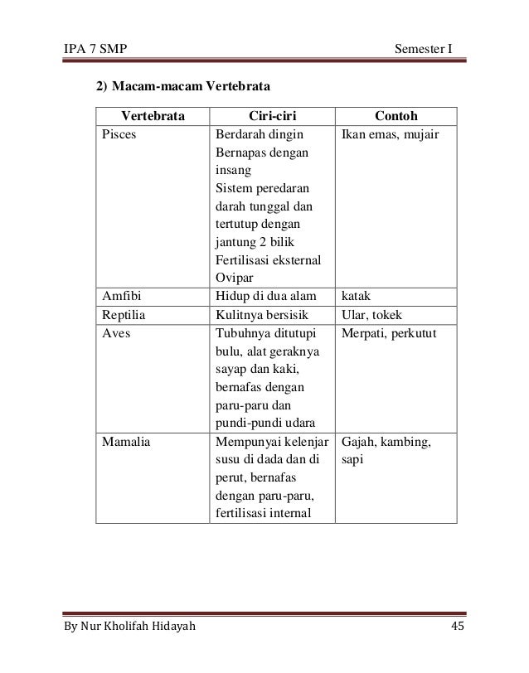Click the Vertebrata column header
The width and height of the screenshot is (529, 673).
pos(153,114)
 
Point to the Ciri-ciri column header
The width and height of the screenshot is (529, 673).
pos(271,114)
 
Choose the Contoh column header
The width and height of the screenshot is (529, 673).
pos(396,114)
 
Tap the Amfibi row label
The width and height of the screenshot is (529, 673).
pos(121,293)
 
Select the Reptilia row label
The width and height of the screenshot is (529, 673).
pos(124,313)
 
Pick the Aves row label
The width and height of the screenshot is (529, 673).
pos(116,332)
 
